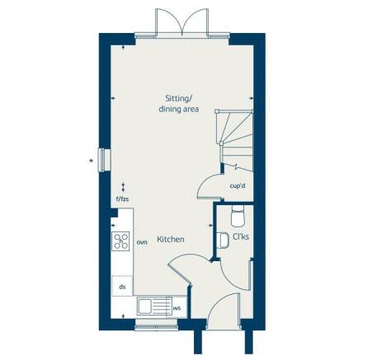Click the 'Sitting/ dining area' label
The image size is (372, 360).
pos(179,103)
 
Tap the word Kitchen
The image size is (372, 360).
pos(171,239)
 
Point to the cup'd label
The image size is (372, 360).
pos(238,186)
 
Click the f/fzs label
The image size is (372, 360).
pos(122,199)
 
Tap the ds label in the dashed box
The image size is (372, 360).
pos(122,286)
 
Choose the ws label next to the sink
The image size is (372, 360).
pos(177,310)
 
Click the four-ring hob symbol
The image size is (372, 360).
pos(121,241)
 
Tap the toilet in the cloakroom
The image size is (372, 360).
pos(238,216)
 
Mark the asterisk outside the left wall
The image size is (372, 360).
pos(91,161)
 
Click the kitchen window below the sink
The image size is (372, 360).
pos(156,325)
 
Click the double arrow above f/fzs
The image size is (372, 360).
pos(123,187)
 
